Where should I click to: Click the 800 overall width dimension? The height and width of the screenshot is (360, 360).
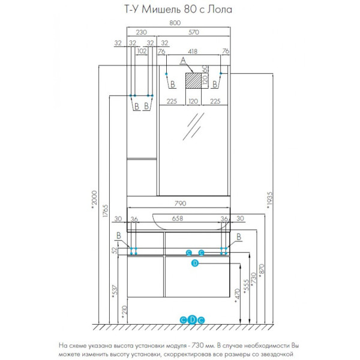tap(174, 23)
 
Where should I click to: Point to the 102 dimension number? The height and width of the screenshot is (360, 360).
tap(142, 51)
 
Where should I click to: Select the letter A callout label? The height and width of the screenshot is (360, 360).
tap(183, 60)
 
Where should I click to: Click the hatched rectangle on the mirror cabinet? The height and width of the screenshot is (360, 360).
tap(193, 80)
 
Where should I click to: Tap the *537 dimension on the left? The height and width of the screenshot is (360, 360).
tap(115, 293)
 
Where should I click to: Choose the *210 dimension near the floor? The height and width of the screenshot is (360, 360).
tap(124, 311)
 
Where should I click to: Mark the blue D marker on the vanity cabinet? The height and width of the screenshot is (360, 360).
tap(195, 263)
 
